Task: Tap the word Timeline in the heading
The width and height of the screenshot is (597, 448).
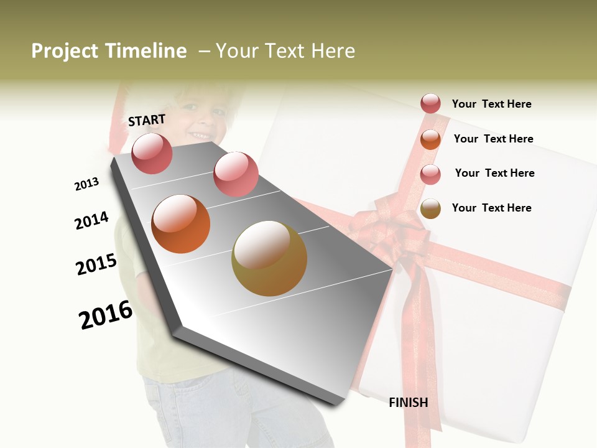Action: point(147,51)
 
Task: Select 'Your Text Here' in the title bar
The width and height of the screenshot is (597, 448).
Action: point(285,51)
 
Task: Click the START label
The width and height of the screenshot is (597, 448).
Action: point(147,120)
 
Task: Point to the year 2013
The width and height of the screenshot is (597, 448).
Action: point(86,184)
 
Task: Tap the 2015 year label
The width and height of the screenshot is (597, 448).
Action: point(96,264)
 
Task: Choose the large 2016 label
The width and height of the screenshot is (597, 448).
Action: point(106,314)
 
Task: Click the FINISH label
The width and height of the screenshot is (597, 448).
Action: point(409,403)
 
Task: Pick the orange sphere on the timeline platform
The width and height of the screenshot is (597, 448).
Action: point(181,224)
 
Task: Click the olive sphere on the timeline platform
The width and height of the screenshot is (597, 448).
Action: point(269,258)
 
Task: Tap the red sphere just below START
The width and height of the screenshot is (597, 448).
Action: point(152,153)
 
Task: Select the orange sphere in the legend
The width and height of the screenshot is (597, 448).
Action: point(430,139)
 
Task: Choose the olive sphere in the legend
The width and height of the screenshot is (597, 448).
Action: point(430,208)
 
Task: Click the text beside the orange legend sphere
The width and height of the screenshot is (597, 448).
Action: point(493,139)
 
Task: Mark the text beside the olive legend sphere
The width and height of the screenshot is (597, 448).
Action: point(491,208)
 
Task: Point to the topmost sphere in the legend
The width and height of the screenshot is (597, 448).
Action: point(430,104)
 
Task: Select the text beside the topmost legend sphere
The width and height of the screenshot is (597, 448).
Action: point(491,104)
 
